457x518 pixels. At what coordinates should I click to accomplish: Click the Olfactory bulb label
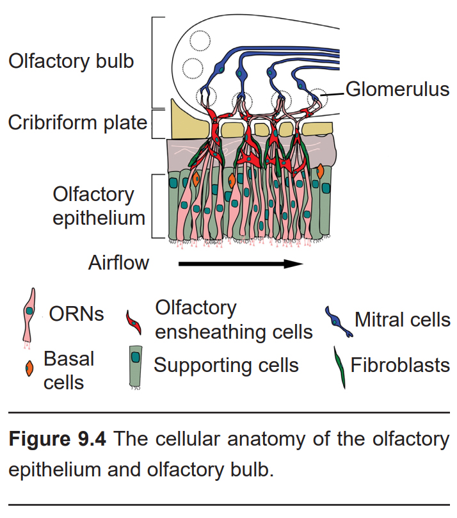click(x=71, y=61)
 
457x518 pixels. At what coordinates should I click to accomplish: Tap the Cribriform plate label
click(x=77, y=123)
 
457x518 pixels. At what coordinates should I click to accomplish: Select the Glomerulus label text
click(x=397, y=90)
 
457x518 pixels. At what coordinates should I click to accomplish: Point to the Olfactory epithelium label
click(x=99, y=206)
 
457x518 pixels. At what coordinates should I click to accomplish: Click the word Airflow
click(x=118, y=263)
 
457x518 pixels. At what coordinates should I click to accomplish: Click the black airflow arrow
click(x=241, y=264)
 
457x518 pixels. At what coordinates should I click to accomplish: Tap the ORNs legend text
click(x=76, y=314)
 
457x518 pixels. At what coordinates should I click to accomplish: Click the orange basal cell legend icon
click(x=29, y=368)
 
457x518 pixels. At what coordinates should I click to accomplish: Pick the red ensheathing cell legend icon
click(x=134, y=323)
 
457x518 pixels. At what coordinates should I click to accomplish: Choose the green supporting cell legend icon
click(x=136, y=367)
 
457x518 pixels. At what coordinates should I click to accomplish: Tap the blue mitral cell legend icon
click(x=338, y=321)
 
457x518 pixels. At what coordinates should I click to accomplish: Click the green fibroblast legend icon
click(x=339, y=368)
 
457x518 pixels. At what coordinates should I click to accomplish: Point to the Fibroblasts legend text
click(x=400, y=366)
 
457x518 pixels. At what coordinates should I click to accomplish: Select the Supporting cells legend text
click(x=226, y=366)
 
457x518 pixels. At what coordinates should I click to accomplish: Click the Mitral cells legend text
click(x=402, y=320)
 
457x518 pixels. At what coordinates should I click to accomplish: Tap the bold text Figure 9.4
click(x=58, y=439)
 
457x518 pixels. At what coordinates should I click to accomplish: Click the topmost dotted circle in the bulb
click(x=200, y=41)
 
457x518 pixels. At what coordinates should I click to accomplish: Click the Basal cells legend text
click(x=68, y=371)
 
